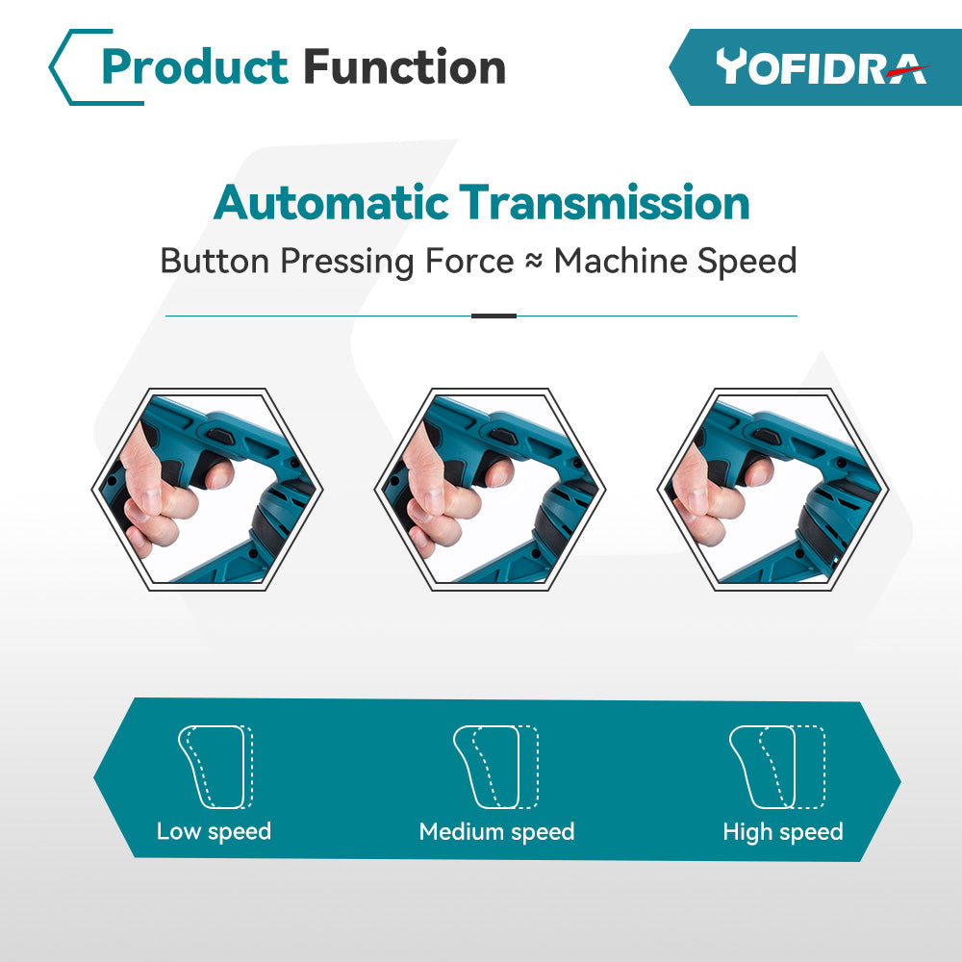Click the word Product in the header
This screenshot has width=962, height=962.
194,67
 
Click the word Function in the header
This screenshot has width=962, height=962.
404,66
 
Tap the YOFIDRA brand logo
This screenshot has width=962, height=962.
822,67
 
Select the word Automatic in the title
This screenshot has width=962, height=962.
331,202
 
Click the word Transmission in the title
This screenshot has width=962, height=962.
605,202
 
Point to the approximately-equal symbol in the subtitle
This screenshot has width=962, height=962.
534,261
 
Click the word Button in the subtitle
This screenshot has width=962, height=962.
215,261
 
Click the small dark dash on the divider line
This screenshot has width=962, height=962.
494,316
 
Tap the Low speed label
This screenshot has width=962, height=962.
214,832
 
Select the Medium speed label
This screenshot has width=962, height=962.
496,832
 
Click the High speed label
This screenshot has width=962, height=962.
783,832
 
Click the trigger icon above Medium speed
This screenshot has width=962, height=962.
495,767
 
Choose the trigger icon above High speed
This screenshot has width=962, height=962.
776,767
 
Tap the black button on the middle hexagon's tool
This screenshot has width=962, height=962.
502,436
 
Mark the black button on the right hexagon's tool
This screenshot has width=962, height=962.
767,436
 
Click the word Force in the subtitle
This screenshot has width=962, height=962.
469,261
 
